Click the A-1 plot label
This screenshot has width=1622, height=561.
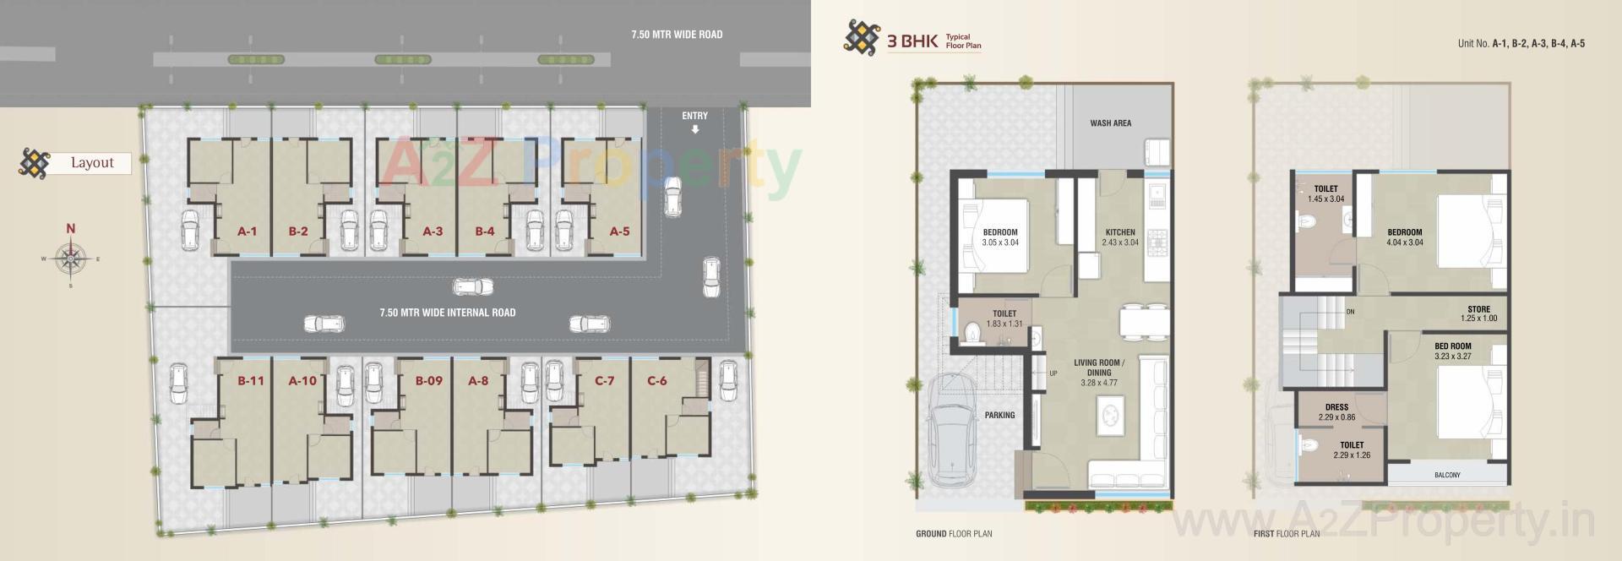[247, 231]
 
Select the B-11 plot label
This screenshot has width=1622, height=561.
[251, 381]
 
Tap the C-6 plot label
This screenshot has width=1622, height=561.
[656, 381]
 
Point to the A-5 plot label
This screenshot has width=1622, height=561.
[619, 231]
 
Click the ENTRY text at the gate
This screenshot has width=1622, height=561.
[694, 116]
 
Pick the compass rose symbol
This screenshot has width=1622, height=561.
[71, 258]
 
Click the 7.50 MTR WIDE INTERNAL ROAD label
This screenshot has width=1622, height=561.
[447, 313]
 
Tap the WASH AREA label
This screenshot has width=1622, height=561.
[1110, 123]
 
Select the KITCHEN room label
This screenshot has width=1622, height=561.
[1120, 232]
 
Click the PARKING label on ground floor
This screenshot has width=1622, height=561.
[999, 416]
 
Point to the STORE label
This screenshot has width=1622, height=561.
[1478, 309]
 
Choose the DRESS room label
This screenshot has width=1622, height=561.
[1336, 407]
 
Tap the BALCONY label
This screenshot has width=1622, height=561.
[1446, 476]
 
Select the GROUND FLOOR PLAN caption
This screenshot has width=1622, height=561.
[954, 534]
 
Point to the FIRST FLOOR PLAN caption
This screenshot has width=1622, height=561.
[1286, 534]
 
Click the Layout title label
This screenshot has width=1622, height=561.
[92, 163]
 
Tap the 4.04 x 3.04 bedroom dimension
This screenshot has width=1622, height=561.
[1404, 242]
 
